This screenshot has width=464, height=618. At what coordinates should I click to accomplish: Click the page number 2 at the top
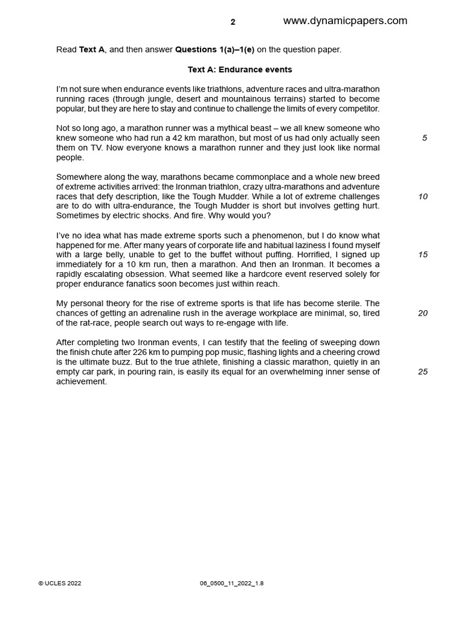click(x=233, y=22)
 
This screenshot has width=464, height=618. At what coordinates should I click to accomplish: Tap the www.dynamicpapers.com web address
click(x=345, y=21)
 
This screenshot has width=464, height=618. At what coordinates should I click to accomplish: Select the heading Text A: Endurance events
click(x=240, y=69)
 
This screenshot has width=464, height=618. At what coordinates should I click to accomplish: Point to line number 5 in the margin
click(x=424, y=138)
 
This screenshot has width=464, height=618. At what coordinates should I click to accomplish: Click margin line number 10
click(x=423, y=197)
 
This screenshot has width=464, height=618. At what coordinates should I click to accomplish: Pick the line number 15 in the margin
click(x=423, y=255)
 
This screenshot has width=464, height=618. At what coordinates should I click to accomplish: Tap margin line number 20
click(x=423, y=313)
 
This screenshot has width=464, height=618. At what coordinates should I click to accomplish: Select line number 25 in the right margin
click(x=423, y=372)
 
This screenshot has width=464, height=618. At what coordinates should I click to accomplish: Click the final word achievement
click(x=82, y=381)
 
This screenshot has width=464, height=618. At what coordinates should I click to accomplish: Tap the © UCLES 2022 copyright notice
click(x=60, y=584)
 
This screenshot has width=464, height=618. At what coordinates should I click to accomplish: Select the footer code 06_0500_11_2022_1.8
click(x=231, y=584)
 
